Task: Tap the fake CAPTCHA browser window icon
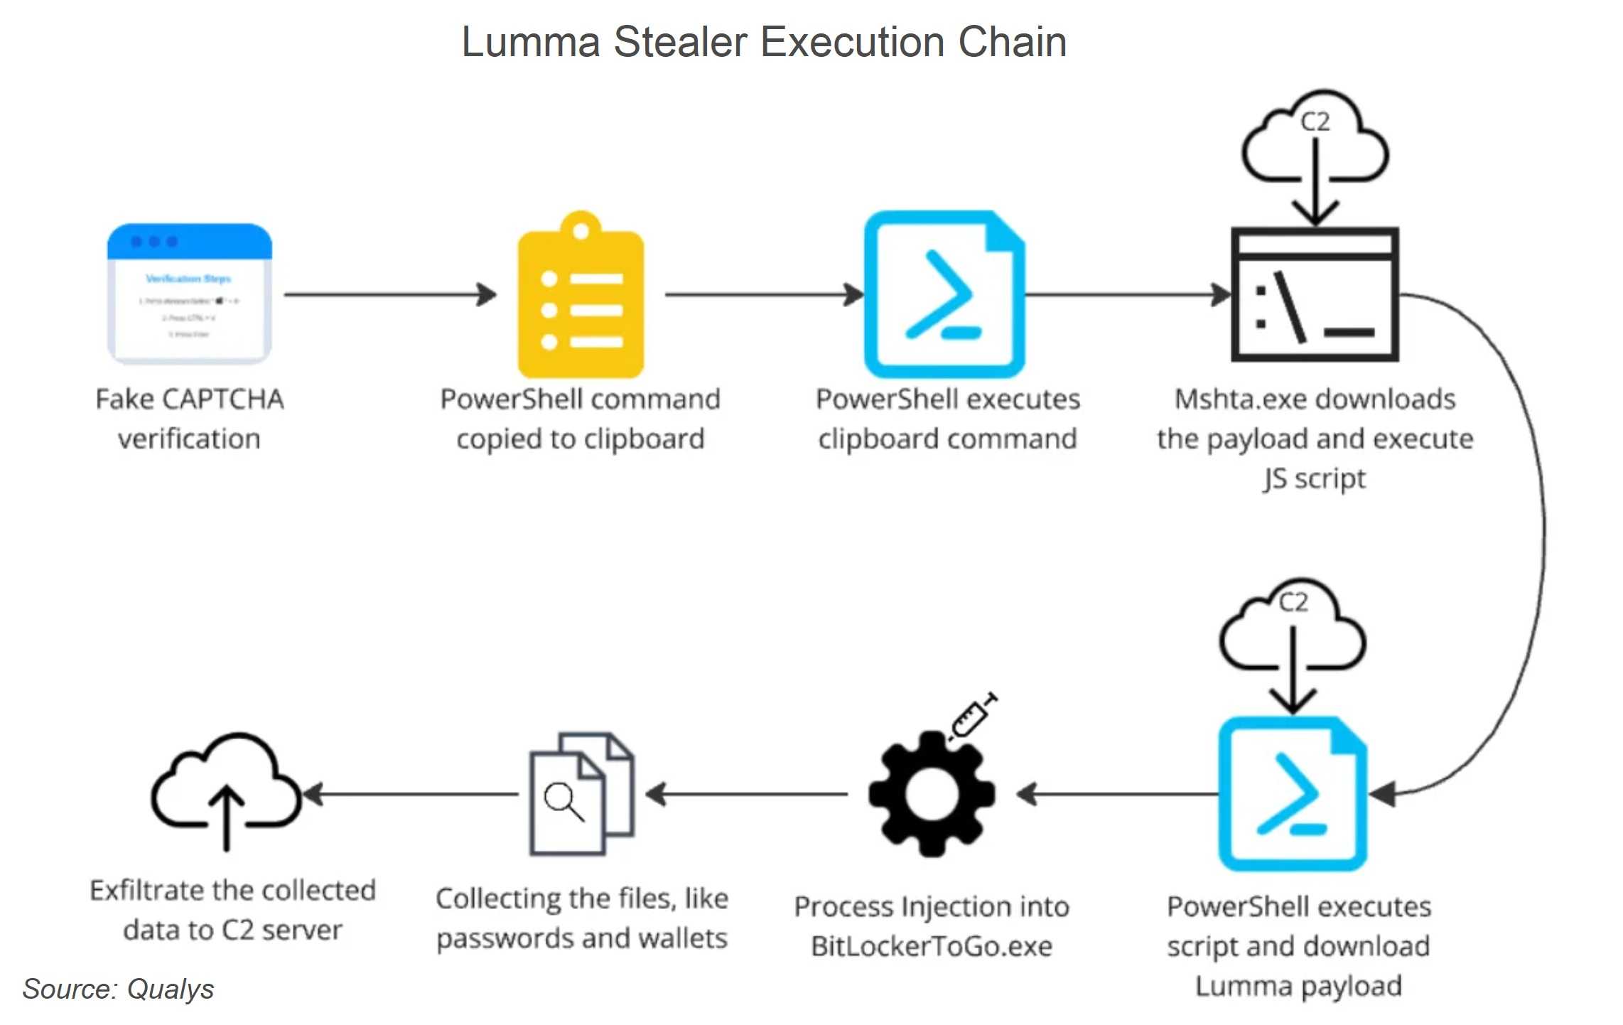(190, 293)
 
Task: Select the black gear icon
(932, 794)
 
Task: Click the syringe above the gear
(973, 717)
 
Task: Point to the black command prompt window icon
(1315, 294)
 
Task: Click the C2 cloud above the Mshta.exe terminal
(1315, 139)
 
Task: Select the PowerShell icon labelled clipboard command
(944, 294)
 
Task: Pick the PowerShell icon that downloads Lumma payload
(1293, 794)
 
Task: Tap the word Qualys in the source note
(171, 989)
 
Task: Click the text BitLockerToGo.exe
(932, 946)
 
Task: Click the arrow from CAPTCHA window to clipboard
(390, 294)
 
